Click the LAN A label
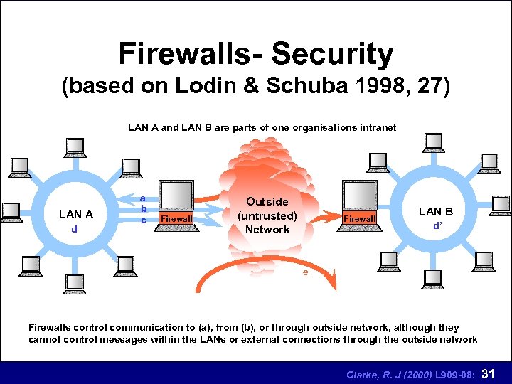76,214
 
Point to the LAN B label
436,211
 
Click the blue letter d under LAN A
74,230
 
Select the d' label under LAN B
437,227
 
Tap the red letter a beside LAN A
143,198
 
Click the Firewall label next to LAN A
176,219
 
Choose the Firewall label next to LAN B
359,219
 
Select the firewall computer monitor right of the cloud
359,195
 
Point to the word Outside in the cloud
267,202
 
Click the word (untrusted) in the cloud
267,215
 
